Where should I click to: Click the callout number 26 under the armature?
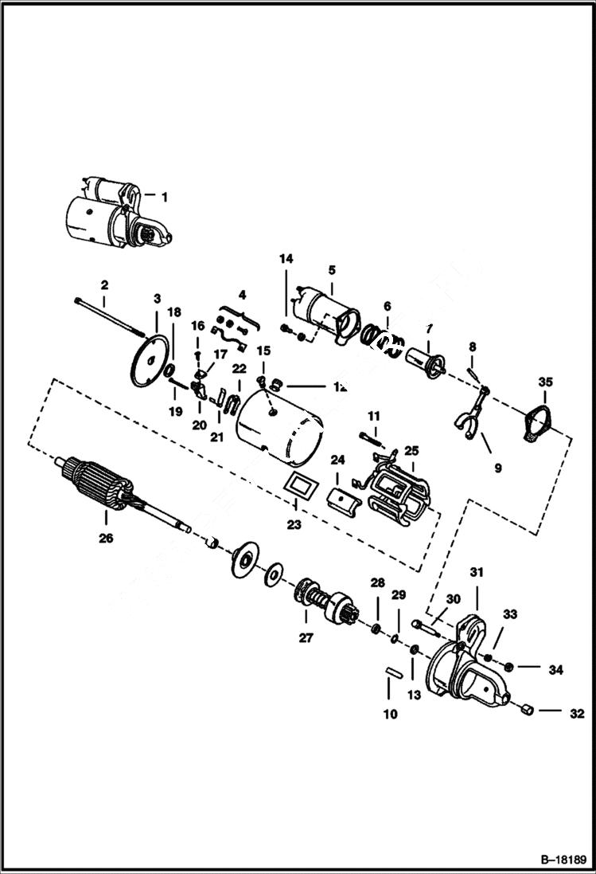[x=106, y=539]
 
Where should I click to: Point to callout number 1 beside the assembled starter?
[x=165, y=196]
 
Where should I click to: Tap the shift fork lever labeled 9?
[x=467, y=415]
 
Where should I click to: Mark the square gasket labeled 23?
[x=298, y=487]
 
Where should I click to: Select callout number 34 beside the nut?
[x=555, y=670]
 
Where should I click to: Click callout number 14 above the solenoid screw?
[x=286, y=259]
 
